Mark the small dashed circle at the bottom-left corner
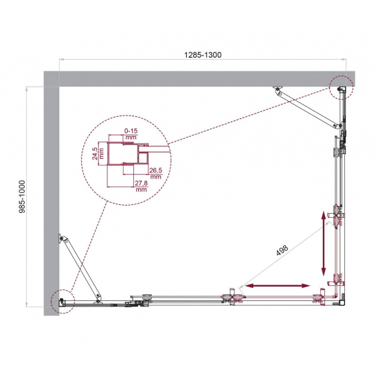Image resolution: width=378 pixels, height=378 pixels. (x=61, y=300)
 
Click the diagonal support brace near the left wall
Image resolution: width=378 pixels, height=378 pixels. (x=81, y=266)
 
